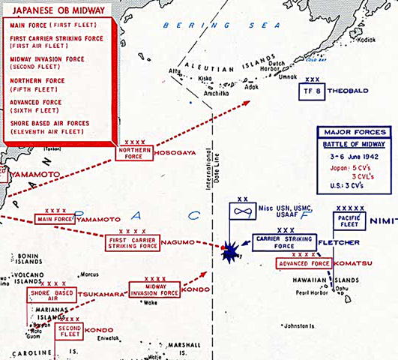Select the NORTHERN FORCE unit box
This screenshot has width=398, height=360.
[x=135, y=153]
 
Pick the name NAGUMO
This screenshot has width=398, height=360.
[x=180, y=242]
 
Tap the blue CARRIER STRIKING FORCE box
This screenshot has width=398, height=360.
[x=286, y=242]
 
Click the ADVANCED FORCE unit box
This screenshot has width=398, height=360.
[x=304, y=264]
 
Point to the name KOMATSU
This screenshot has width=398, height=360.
[x=355, y=264]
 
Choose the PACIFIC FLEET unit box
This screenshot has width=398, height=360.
[x=349, y=220]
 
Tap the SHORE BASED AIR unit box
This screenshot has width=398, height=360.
[x=52, y=295]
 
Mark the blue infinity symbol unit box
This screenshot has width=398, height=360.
[x=242, y=211]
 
